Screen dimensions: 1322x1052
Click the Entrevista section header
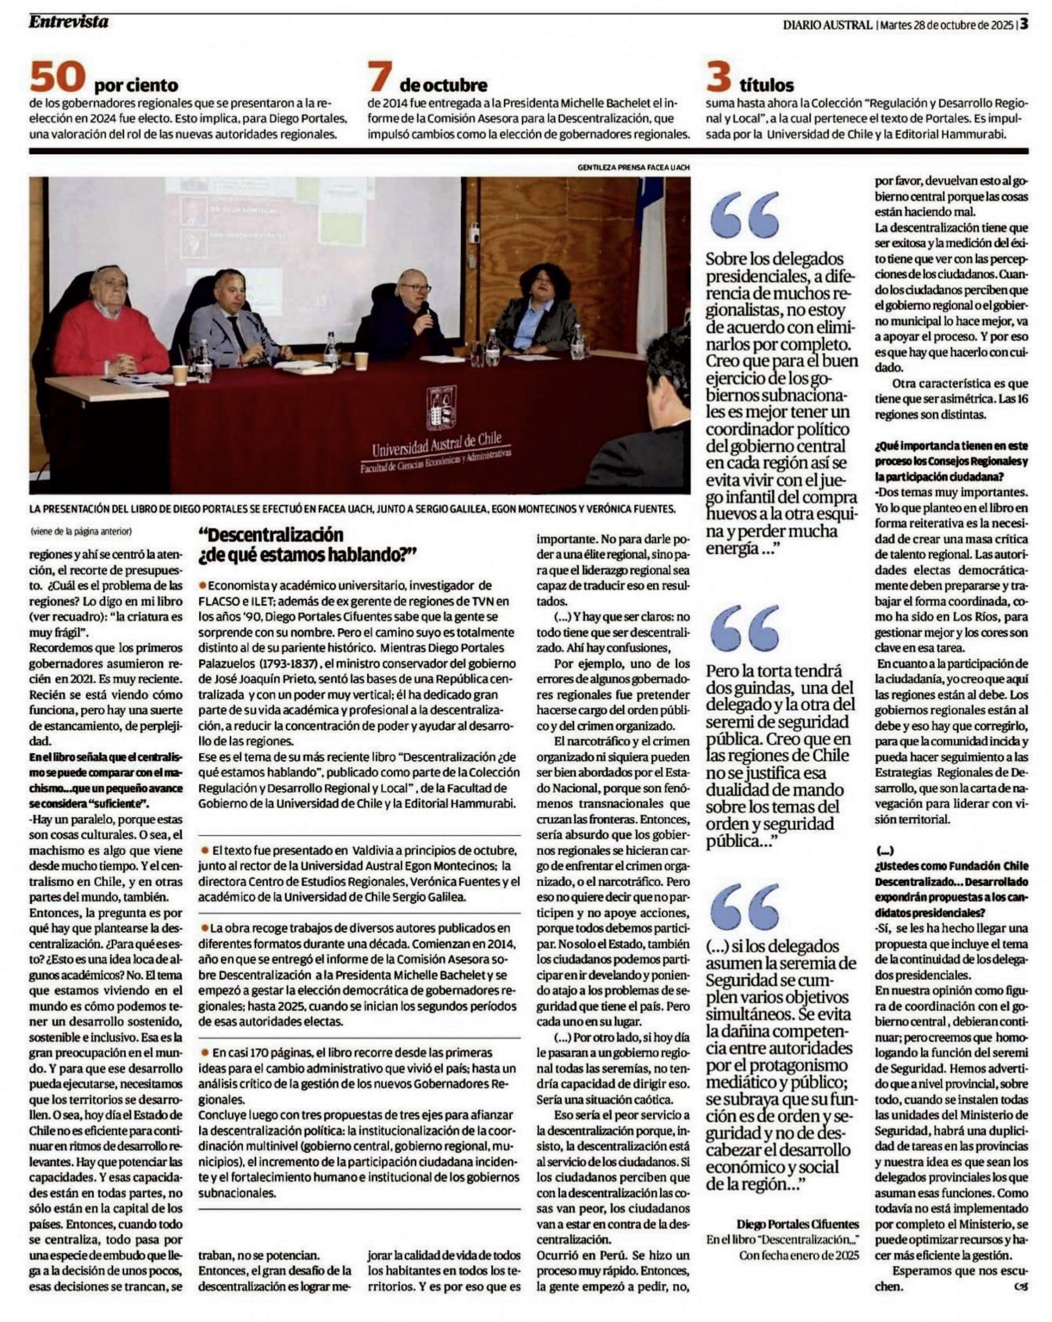pos(68,22)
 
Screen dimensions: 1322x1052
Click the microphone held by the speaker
pos(423,307)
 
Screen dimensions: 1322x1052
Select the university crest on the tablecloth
pos(442,408)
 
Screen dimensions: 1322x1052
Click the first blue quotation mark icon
pos(745,215)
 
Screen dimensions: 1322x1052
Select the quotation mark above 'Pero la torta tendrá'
pos(745,628)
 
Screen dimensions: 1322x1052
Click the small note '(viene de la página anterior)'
pos(81,531)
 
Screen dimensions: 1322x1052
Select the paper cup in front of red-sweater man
pos(180,374)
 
